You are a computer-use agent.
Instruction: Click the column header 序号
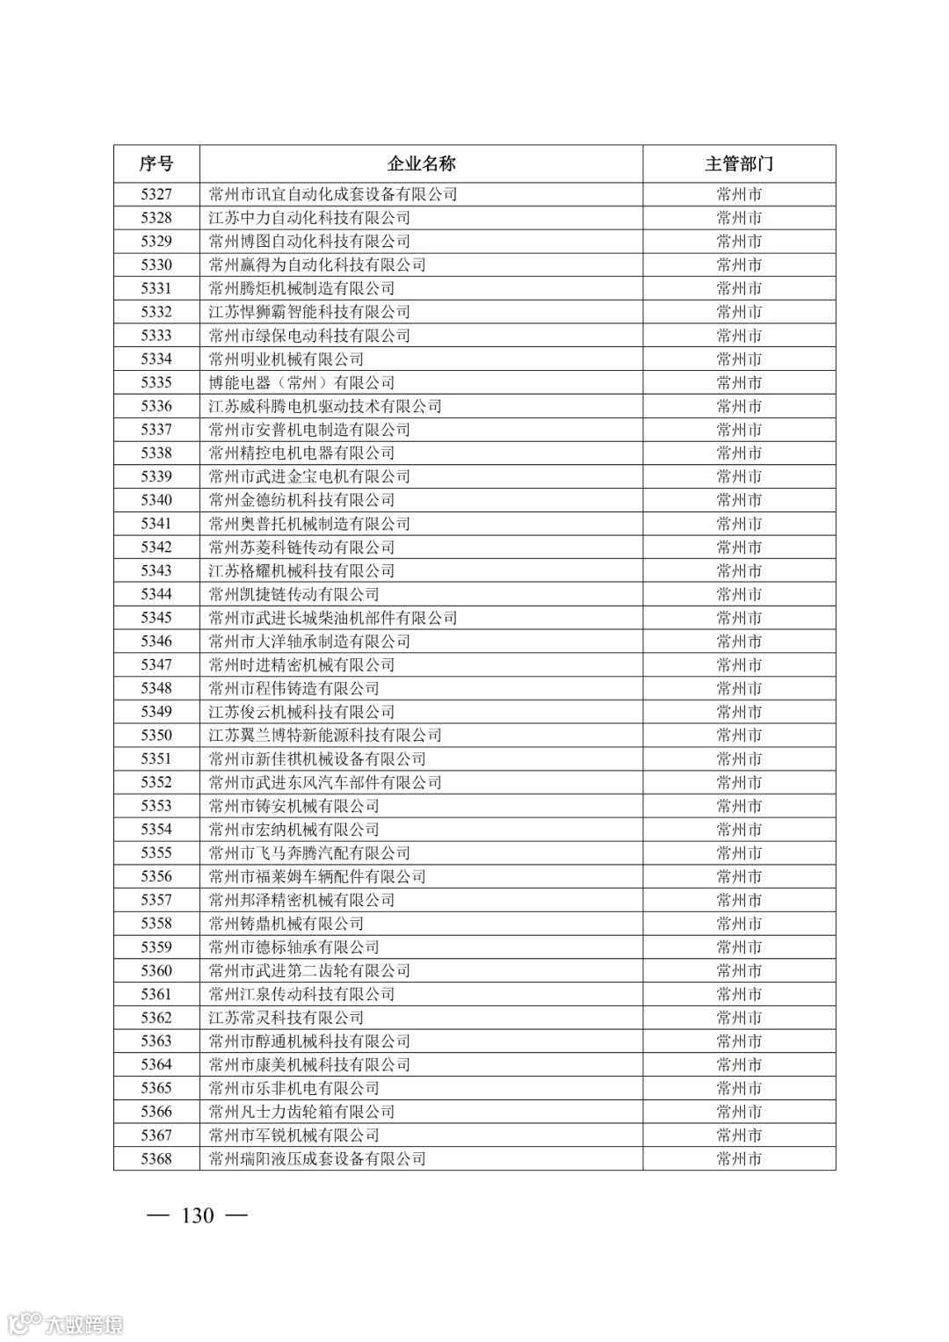coord(156,163)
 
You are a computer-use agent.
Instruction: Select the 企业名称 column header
coord(421,163)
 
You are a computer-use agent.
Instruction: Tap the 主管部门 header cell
coord(739,163)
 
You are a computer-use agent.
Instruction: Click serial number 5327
coord(156,194)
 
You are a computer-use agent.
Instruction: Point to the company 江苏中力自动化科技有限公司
coord(309,218)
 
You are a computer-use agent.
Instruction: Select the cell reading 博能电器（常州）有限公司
coord(301,382)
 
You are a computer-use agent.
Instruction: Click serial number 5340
coord(156,500)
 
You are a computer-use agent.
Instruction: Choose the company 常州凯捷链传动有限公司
coord(293,594)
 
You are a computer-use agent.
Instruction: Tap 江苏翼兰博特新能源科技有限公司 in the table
coord(325,736)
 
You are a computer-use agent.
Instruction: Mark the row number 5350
coord(156,736)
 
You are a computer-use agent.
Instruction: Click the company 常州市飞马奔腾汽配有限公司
coord(309,853)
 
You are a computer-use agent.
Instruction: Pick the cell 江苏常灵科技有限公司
coord(286,1018)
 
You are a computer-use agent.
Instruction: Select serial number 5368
coord(156,1159)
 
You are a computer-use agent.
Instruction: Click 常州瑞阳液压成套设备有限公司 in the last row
coord(317,1159)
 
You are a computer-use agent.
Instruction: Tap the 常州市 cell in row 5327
coord(739,194)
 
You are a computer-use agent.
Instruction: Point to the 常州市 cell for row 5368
coord(739,1159)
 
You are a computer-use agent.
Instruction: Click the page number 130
coord(197,1215)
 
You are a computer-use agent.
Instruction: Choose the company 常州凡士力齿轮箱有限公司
coord(301,1112)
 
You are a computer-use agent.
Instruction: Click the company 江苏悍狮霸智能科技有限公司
coord(309,312)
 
